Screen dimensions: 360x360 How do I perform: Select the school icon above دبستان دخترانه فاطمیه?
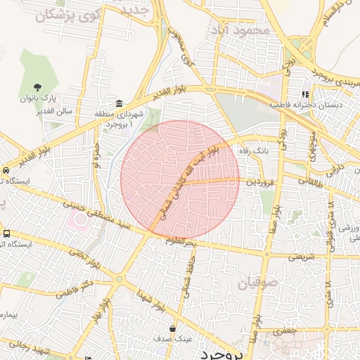[x=305, y=94]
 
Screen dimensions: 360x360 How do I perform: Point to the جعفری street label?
[x=285, y=329]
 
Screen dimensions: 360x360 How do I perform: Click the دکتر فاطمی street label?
[x=78, y=290]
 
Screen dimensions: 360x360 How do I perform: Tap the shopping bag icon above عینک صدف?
[x=173, y=328]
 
